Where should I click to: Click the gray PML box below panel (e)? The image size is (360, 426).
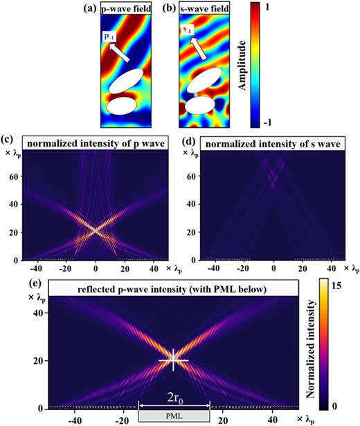coord(174,416)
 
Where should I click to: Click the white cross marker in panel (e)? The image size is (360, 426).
coord(173,360)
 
